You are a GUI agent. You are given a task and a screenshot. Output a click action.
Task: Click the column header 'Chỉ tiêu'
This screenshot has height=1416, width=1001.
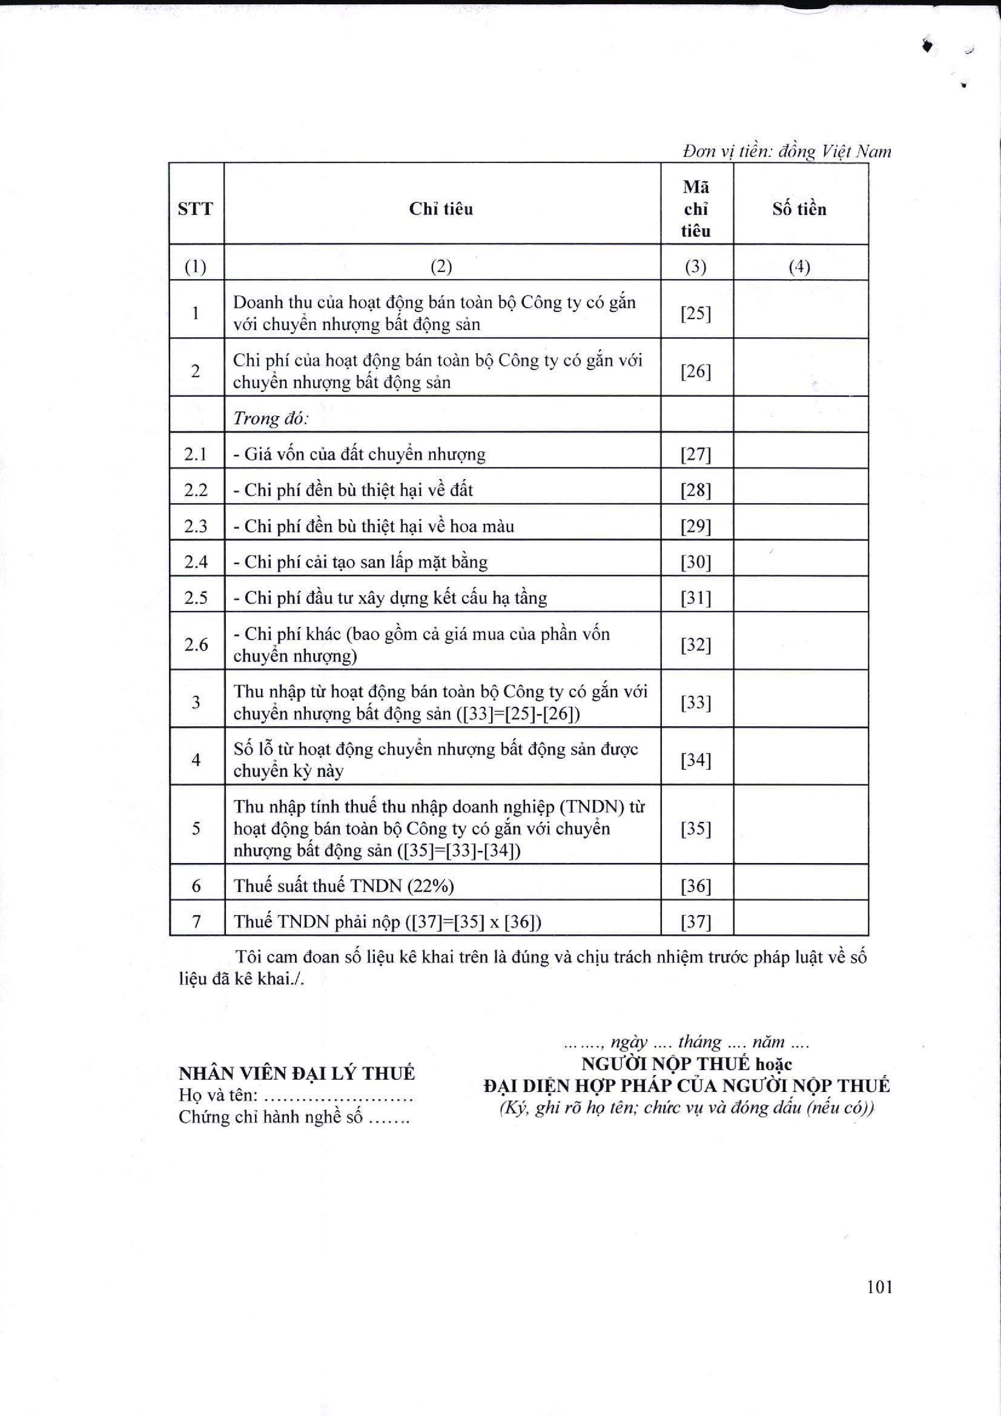click(441, 209)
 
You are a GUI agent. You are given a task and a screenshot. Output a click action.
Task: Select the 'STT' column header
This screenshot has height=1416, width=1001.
click(196, 209)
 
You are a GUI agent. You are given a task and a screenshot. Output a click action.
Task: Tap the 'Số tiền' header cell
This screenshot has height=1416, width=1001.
click(799, 209)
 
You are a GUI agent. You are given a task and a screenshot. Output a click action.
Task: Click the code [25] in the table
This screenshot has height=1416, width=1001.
click(696, 314)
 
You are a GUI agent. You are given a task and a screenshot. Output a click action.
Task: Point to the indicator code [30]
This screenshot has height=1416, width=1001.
click(696, 562)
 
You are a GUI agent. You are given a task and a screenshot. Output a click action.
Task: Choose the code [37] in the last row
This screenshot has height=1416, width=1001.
click(696, 922)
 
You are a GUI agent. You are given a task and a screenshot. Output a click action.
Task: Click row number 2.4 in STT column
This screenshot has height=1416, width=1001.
click(196, 562)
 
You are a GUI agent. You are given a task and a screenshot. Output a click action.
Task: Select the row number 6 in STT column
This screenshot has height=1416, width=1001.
click(196, 886)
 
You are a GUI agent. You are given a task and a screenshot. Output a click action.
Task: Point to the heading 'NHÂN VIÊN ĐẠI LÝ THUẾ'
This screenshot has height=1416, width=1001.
click(297, 1074)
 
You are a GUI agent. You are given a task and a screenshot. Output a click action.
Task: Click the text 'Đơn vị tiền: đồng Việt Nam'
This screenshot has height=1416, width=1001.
click(787, 151)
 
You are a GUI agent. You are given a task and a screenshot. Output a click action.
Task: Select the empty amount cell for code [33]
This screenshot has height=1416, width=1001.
click(801, 703)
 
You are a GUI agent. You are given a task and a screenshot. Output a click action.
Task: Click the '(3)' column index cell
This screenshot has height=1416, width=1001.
click(696, 266)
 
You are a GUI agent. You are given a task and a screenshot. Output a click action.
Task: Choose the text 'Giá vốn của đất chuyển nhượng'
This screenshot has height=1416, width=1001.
click(365, 454)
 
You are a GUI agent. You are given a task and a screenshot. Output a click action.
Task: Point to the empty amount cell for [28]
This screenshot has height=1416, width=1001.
click(801, 491)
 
